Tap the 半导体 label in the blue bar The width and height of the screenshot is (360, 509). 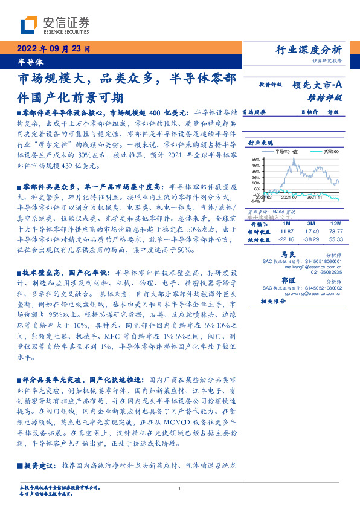pyautogui.click(x=31, y=62)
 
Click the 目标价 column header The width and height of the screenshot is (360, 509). pyautogui.click(x=309, y=112)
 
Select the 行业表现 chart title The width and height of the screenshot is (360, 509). pyautogui.click(x=260, y=143)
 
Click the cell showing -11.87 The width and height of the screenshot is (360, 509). pyautogui.click(x=284, y=232)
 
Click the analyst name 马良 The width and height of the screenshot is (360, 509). pyautogui.click(x=288, y=255)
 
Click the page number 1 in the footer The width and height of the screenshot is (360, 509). pyautogui.click(x=180, y=488)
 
